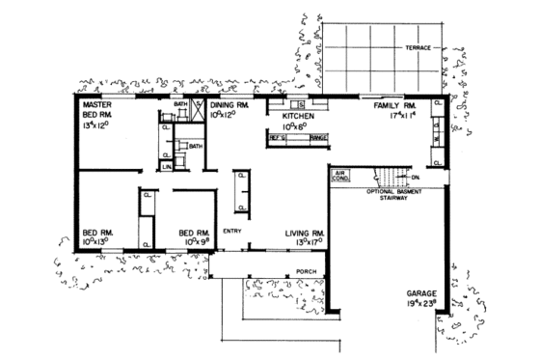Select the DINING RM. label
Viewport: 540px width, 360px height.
pyautogui.click(x=230, y=104)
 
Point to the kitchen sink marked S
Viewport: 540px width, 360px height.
pyautogui.click(x=301, y=103)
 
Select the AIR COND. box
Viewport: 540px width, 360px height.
pyautogui.click(x=340, y=178)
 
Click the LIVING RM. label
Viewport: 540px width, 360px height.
pyautogui.click(x=304, y=233)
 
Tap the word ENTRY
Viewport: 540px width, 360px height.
pyautogui.click(x=231, y=231)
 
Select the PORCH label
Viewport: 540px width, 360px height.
pyautogui.click(x=307, y=271)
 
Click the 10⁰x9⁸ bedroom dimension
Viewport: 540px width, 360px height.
pyautogui.click(x=194, y=242)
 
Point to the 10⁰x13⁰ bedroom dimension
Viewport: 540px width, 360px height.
pyautogui.click(x=97, y=242)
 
